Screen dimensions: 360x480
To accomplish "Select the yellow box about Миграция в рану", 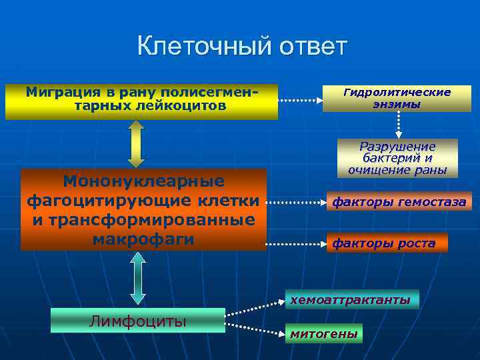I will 141,101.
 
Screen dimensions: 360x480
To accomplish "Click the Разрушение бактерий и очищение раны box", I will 397,158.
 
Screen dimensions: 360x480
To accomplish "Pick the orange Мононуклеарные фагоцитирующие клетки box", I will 143,209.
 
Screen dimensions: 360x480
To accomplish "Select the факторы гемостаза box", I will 399,201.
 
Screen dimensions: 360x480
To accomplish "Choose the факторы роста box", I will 387,243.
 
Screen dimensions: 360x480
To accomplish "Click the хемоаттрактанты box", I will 350,300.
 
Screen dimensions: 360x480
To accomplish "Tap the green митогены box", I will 323,333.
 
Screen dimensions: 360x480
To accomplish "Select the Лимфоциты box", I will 137,321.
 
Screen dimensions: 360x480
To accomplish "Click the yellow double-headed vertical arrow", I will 136,144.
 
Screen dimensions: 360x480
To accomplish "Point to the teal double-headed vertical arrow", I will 137,278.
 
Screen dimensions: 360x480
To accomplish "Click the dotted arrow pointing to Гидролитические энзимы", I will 299,101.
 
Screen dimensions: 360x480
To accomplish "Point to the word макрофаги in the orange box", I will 143,238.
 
